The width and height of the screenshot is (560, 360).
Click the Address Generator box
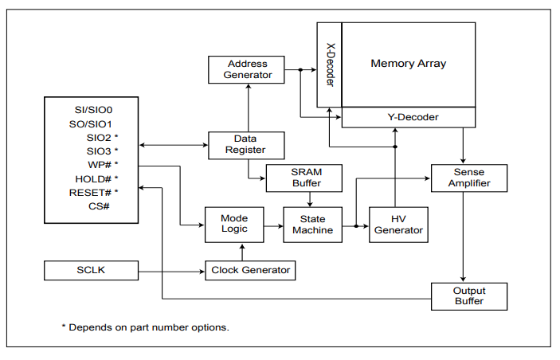(248, 69)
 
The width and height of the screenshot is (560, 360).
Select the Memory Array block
(408, 64)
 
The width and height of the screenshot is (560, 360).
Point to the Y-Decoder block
(408, 118)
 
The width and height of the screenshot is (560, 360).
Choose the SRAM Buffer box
(307, 177)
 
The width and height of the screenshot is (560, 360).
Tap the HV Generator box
(399, 224)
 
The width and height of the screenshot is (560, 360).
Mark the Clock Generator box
(250, 271)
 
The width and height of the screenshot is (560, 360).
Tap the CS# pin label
(99, 205)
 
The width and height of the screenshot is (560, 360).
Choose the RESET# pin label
(92, 192)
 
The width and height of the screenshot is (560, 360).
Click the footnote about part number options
(145, 327)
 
